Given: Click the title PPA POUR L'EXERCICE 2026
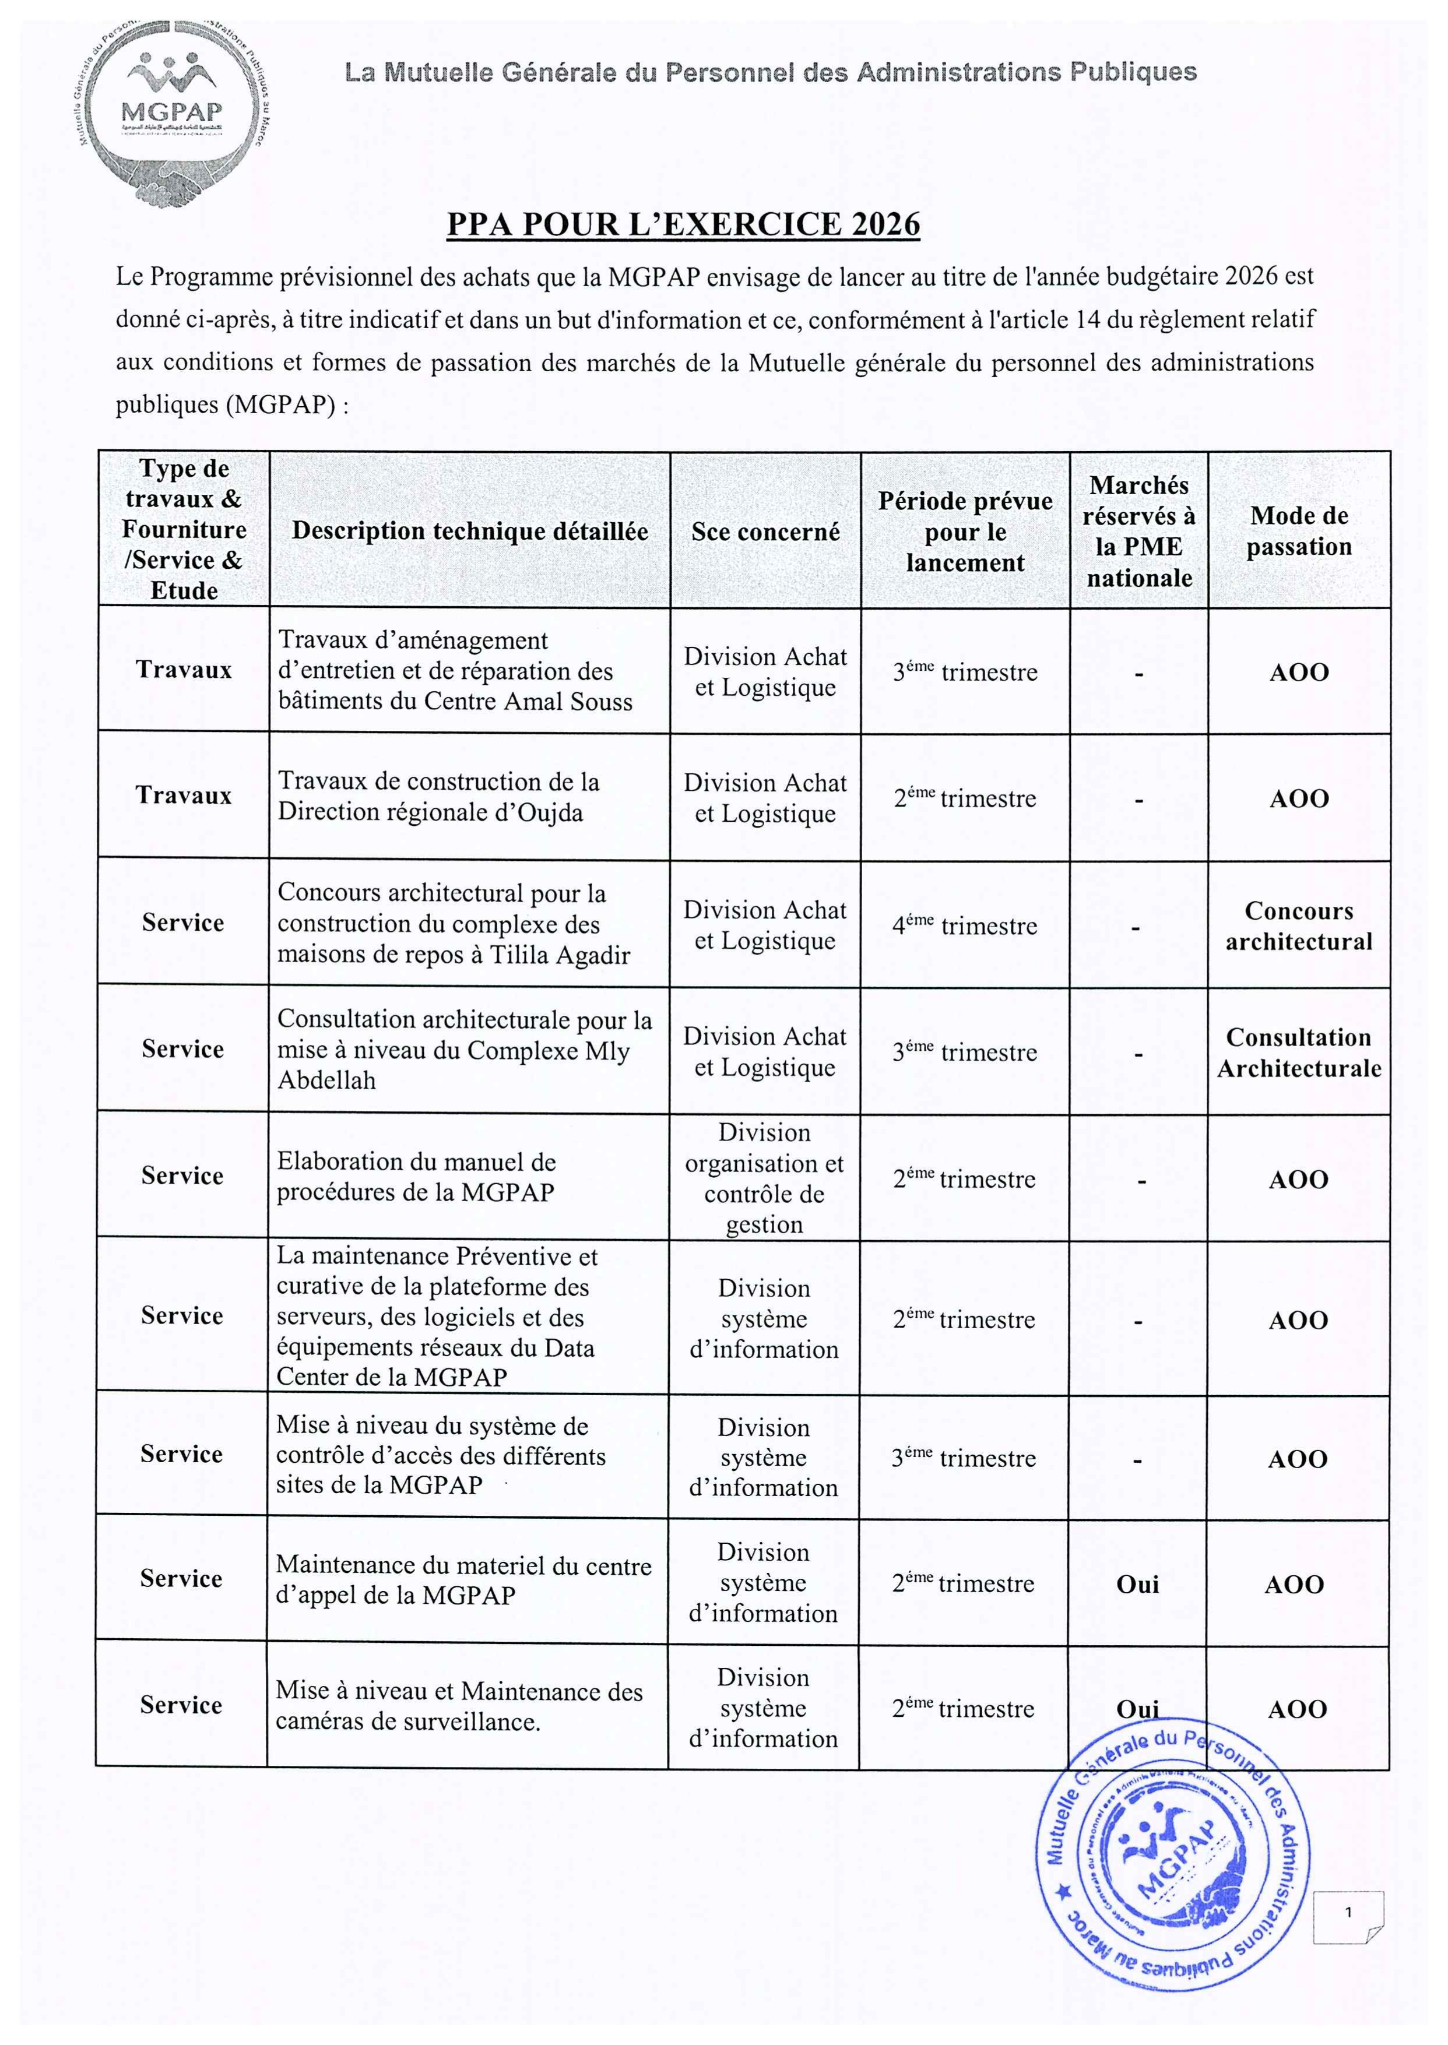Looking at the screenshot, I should pyautogui.click(x=683, y=224).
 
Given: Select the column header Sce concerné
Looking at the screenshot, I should pyautogui.click(x=765, y=532).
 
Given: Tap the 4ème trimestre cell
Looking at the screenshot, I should pyautogui.click(x=965, y=925).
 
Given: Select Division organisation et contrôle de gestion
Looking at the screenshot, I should pyautogui.click(x=764, y=1178).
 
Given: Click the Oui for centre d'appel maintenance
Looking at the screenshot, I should pyautogui.click(x=1138, y=1584).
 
